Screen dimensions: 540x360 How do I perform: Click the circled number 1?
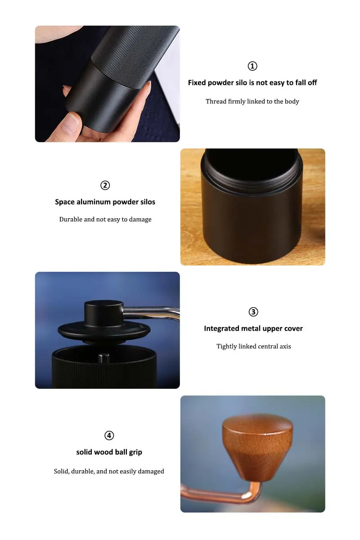click(252, 66)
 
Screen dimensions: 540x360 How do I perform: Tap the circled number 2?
click(105, 185)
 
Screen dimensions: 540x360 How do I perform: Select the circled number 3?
click(253, 312)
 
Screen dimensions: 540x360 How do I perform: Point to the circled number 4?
click(109, 436)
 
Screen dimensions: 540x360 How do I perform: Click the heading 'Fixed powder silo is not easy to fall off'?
click(252, 83)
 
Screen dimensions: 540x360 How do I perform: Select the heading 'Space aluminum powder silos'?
click(105, 202)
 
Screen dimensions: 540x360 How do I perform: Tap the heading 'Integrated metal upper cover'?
click(253, 328)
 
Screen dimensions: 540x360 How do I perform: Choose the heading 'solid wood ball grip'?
click(109, 452)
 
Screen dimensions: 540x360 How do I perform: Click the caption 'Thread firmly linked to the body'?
click(252, 101)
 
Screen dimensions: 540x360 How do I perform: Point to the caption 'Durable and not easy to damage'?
click(105, 220)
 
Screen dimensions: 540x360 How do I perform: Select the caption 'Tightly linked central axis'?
click(254, 346)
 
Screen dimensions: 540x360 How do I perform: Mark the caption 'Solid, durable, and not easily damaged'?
click(109, 472)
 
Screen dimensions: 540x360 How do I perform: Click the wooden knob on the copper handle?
click(257, 445)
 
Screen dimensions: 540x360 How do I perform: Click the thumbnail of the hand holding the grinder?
click(107, 84)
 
